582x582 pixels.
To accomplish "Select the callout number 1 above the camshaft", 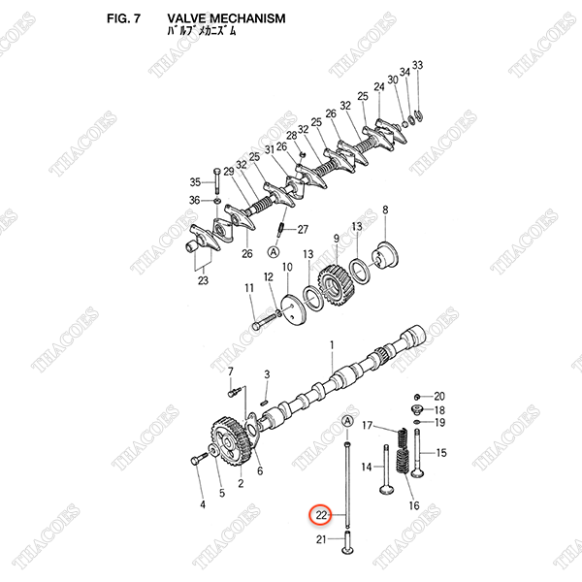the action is [x=331, y=344].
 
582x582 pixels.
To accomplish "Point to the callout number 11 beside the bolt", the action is [x=248, y=287].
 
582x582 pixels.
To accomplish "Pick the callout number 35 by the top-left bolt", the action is [x=194, y=182].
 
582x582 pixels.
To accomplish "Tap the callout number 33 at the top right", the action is [x=418, y=65].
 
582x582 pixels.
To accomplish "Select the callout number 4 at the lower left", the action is [x=203, y=504].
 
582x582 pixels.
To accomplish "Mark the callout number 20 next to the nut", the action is [x=438, y=396].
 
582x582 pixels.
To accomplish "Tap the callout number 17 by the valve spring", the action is [x=368, y=426].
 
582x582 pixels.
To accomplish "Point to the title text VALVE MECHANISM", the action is [x=226, y=18].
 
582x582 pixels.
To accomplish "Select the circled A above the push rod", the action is [x=347, y=420].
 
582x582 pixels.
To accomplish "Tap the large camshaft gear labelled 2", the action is [x=229, y=445].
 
